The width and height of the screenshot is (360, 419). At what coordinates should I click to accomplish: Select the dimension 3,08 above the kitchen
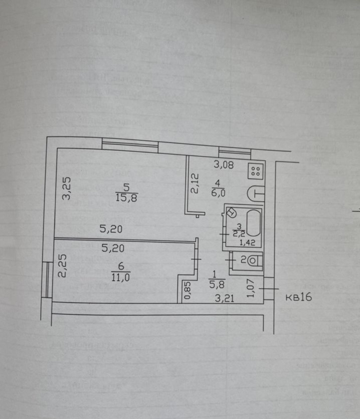coord(224,165)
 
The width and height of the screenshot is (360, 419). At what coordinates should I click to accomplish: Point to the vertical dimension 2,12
coord(195,183)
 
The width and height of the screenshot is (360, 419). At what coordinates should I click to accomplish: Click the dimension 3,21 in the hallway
coord(224,298)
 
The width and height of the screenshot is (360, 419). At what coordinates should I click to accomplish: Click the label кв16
coord(298,297)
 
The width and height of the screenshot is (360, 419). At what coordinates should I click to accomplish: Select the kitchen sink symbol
coord(256,194)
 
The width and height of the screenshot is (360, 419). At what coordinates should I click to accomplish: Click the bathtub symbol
coord(252,223)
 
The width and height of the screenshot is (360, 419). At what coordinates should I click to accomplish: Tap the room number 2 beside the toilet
coord(244,260)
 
